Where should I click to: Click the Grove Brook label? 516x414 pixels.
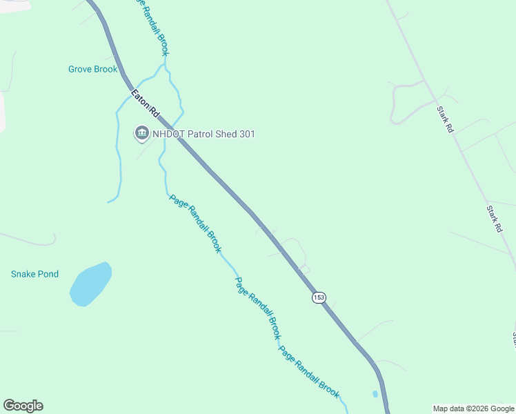[x=92, y=69]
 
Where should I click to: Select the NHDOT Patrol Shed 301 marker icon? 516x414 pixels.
[x=142, y=133]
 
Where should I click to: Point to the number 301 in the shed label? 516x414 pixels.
[x=246, y=134]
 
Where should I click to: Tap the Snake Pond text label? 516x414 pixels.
[x=34, y=274]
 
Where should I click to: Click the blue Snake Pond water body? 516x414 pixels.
[x=90, y=284]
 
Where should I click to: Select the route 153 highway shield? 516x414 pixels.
[x=318, y=297]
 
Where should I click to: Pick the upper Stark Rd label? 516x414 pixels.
[x=445, y=119]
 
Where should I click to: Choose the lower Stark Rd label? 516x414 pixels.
[x=493, y=218]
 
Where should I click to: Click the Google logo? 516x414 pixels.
[x=23, y=406]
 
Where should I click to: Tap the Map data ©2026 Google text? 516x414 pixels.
[x=473, y=408]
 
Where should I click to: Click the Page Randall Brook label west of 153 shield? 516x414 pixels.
[x=257, y=308]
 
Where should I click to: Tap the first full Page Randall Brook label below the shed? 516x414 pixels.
[x=195, y=223]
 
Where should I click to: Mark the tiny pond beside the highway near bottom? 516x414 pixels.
[x=375, y=394]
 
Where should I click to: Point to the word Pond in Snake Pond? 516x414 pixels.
[x=48, y=274]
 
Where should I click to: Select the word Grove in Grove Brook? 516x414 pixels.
[x=81, y=69]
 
